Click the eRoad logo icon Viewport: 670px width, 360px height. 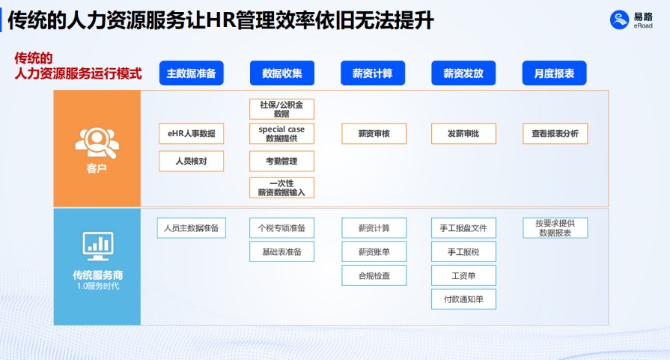coord(620,20)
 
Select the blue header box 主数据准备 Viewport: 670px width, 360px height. coord(192,73)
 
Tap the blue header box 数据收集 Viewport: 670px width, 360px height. coord(282,73)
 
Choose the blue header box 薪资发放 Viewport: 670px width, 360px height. coord(463,73)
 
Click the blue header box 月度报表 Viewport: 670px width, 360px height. coord(554,73)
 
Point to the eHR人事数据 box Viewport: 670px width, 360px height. coord(192,134)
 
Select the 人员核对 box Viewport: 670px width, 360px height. coord(192,161)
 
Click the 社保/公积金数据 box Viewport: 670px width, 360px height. coord(282,109)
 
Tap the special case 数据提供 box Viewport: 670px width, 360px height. coord(282,134)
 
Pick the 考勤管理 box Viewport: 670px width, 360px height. coord(282,161)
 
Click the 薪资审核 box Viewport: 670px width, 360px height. coord(374,134)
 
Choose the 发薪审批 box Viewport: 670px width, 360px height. coord(463,134)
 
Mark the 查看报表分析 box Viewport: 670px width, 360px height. coord(555,134)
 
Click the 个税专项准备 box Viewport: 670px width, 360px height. coord(282,228)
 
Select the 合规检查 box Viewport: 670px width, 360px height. coord(374,275)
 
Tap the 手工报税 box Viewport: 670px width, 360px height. coord(463,251)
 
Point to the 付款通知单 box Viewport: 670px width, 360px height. coord(463,299)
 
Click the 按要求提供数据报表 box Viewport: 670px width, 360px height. coord(555,228)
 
